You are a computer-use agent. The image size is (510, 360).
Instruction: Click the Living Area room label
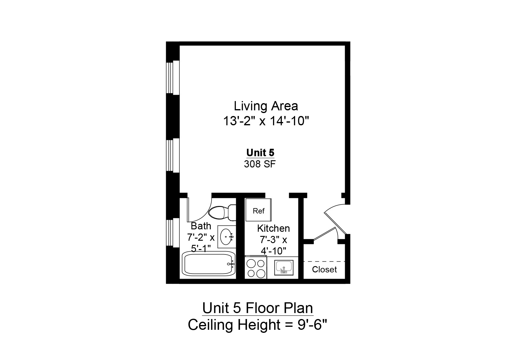[266, 106]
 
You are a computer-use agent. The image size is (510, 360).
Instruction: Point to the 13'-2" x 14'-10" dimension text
[266, 121]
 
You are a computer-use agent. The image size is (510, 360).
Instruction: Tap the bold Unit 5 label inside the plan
[260, 153]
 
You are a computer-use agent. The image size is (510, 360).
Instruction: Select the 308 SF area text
[259, 164]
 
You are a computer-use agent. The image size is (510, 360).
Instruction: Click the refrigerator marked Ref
[259, 211]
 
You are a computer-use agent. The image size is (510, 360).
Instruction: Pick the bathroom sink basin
[226, 237]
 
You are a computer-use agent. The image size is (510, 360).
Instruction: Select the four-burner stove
[256, 268]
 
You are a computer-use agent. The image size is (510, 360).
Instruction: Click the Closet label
[324, 270]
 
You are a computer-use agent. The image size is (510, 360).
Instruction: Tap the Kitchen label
[274, 228]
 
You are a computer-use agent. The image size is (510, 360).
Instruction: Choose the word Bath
[201, 226]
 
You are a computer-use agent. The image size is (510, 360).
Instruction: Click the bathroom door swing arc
[207, 211]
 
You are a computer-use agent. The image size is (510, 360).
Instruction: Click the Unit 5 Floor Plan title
[258, 308]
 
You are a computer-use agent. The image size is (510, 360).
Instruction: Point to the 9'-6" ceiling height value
[312, 325]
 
